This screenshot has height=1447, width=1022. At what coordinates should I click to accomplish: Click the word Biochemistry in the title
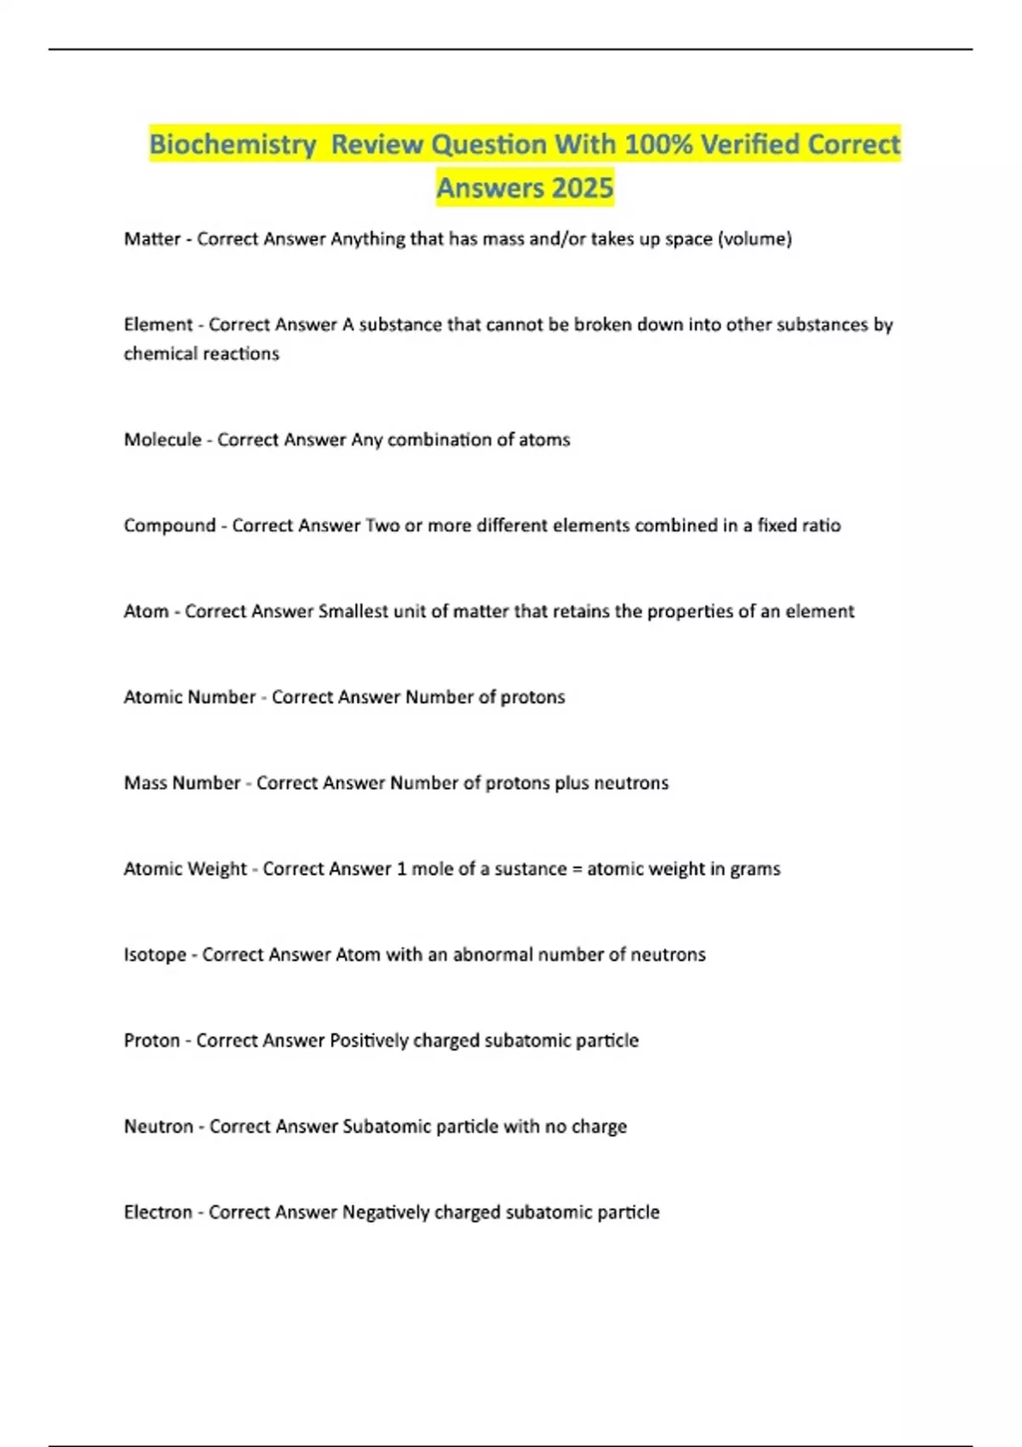(x=233, y=145)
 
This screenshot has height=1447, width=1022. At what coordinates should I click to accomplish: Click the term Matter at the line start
(x=152, y=239)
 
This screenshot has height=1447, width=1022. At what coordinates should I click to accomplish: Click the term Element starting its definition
(x=158, y=324)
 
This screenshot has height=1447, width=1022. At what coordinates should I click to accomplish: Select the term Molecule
(x=163, y=440)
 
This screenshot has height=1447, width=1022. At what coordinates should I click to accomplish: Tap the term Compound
(x=169, y=526)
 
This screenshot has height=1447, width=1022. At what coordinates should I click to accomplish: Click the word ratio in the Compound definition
(x=820, y=526)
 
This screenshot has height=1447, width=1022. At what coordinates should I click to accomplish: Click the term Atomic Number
(x=189, y=697)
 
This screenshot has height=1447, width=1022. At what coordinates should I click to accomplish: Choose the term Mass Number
(x=181, y=783)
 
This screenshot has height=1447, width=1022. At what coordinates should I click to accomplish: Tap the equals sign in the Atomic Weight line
(x=577, y=869)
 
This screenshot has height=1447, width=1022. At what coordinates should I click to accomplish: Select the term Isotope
(x=155, y=955)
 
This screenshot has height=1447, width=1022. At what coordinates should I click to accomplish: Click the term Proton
(x=152, y=1041)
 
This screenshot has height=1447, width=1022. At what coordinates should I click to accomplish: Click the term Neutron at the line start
(x=158, y=1127)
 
